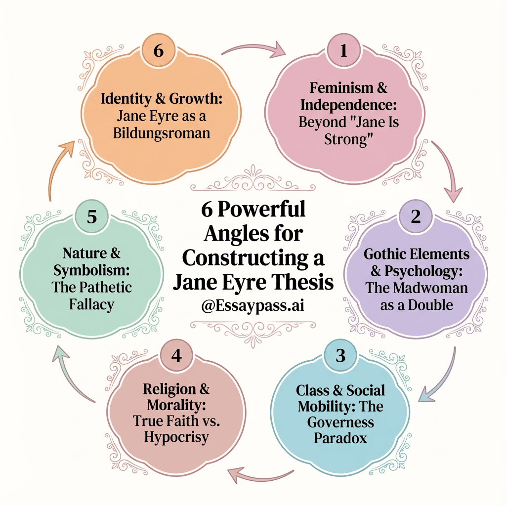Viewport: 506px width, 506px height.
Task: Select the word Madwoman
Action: coord(429,288)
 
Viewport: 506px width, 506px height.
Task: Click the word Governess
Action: coord(340,422)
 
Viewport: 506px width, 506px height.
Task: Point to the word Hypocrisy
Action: coord(176,437)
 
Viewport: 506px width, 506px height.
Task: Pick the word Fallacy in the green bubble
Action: coord(92,304)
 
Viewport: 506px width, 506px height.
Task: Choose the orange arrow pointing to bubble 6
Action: coord(58,166)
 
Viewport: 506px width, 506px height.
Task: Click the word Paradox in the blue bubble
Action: coord(340,438)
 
